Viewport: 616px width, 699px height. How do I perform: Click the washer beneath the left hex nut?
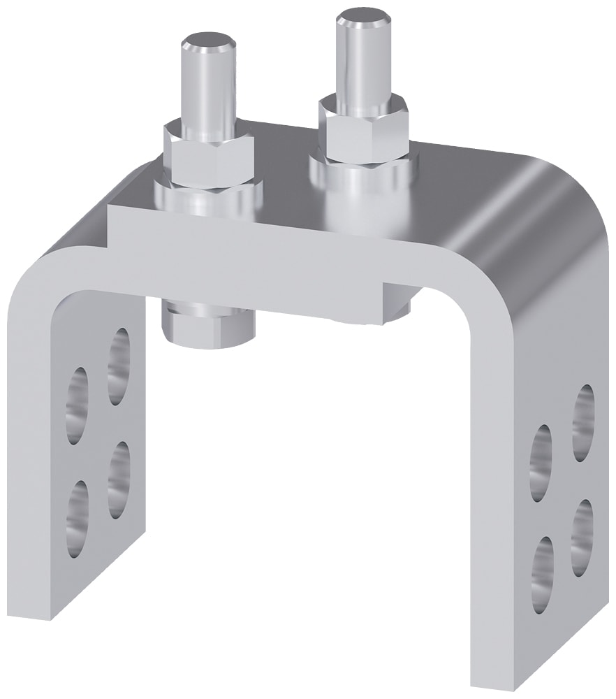(207, 196)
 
